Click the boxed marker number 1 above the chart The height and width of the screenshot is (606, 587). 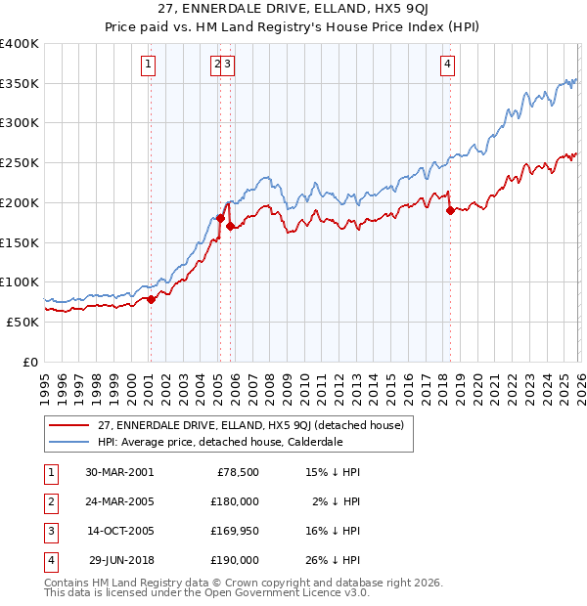(x=148, y=65)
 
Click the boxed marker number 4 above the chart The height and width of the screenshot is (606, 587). (x=447, y=65)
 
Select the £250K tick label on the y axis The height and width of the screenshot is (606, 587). (x=20, y=162)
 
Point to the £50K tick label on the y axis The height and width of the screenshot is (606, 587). (x=23, y=322)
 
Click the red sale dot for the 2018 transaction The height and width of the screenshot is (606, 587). (x=450, y=209)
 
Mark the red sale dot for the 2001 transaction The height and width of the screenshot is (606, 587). (x=152, y=299)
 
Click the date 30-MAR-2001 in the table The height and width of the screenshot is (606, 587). (x=118, y=471)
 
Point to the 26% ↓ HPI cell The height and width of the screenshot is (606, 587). (x=333, y=560)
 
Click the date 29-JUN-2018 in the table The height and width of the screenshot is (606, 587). (x=118, y=560)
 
